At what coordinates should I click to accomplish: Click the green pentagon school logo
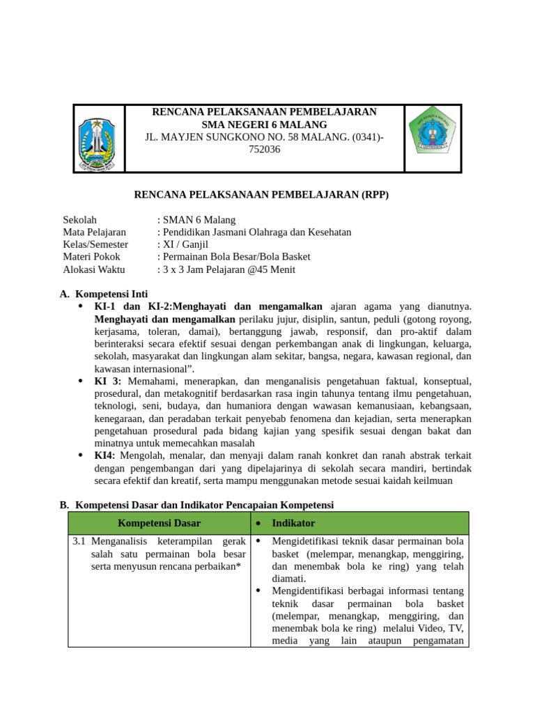coord(433,139)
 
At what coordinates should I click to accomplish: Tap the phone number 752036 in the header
coord(265,150)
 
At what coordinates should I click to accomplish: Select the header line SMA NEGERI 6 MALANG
coord(265,125)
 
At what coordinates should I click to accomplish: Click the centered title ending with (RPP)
coord(261,195)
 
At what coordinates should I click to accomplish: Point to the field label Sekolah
coord(80,220)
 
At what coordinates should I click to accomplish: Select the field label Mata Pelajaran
coord(95,233)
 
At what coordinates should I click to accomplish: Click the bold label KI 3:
coord(108,382)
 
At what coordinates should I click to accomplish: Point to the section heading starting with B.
coord(197,505)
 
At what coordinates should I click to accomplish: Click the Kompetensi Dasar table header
coord(160,524)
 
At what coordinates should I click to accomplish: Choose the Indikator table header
coord(293,524)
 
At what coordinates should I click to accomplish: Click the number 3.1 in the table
coord(79,541)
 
